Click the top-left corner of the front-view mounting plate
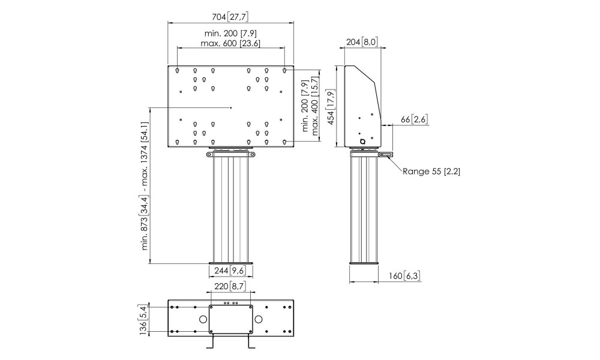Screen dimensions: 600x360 click(168, 66)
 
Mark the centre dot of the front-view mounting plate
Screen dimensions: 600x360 click(231, 108)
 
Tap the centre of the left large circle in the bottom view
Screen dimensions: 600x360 click(203, 319)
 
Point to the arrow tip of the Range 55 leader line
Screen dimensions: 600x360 click(387, 156)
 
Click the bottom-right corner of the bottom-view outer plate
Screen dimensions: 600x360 click(293, 337)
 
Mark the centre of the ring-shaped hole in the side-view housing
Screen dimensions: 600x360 click(362, 142)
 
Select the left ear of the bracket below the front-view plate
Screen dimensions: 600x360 click(209, 155)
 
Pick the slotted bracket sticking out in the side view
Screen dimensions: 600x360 click(385, 155)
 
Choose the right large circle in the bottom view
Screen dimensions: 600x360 click(259, 319)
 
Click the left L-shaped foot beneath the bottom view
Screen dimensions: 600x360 click(211, 342)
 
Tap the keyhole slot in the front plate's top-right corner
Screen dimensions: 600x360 click(284, 71)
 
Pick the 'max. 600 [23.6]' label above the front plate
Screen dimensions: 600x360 click(230, 43)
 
